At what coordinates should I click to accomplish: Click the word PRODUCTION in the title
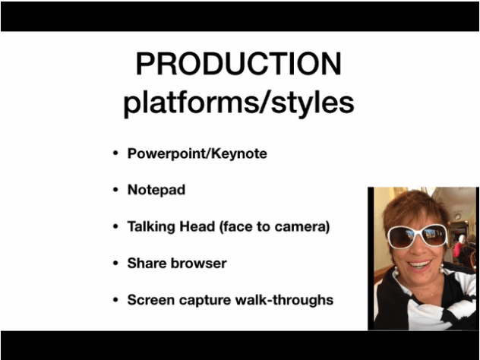point(238,63)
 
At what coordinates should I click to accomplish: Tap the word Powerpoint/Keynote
point(197,153)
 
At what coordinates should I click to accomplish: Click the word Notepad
point(156,190)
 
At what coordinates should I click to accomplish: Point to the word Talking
point(151,227)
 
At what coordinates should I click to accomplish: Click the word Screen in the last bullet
point(151,300)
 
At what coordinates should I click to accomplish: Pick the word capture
point(205,301)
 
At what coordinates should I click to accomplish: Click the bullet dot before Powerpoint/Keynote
point(115,153)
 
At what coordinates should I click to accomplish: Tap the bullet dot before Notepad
point(115,190)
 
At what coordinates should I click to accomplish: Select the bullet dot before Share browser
point(115,264)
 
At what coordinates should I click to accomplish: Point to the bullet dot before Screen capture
point(115,300)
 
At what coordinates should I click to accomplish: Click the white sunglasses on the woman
point(417,236)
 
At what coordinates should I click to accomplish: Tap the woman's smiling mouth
point(419,264)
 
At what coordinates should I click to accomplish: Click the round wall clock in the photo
point(457,216)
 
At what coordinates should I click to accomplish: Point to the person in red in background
point(459,248)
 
